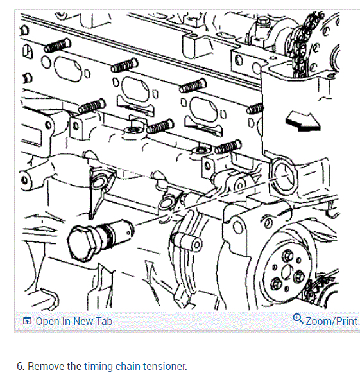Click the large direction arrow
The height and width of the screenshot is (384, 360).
(x=303, y=121)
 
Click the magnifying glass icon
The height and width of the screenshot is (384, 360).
(x=298, y=319)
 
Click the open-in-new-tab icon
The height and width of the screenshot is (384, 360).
(x=27, y=321)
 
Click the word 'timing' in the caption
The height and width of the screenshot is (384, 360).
(x=98, y=367)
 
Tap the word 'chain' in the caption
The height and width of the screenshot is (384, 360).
(x=128, y=367)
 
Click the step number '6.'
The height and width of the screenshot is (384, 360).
(x=21, y=367)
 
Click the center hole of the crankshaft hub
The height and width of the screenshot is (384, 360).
(x=286, y=272)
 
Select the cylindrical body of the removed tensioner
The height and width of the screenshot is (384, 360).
(x=118, y=232)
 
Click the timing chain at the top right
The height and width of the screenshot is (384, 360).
(x=303, y=44)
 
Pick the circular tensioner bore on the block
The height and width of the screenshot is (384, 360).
(x=284, y=177)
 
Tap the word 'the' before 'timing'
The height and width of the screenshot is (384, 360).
(x=74, y=367)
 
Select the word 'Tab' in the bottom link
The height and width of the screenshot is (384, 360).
(x=104, y=321)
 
